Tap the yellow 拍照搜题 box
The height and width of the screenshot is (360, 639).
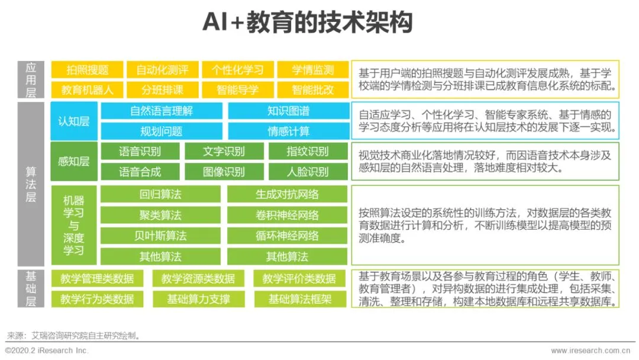88,70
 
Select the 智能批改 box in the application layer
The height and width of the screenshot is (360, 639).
313,90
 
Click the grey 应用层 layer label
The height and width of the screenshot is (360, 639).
31,80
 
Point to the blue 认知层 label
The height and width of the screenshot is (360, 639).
74,121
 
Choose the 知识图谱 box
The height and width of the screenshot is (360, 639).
288,111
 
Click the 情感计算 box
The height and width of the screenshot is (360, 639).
288,131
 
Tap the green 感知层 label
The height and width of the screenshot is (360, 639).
74,161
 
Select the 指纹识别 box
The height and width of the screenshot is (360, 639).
308,151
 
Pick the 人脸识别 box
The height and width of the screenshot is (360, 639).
308,172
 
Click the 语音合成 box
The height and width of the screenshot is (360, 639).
140,172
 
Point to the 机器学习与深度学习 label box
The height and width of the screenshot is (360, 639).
74,225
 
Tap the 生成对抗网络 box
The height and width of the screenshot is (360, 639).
287,194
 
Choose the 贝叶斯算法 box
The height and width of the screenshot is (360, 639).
160,236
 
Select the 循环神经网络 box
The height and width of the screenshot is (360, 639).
287,236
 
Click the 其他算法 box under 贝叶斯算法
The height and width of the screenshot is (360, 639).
160,256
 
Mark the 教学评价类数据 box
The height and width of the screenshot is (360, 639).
299,278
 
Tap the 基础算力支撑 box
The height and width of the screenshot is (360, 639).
198,299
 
